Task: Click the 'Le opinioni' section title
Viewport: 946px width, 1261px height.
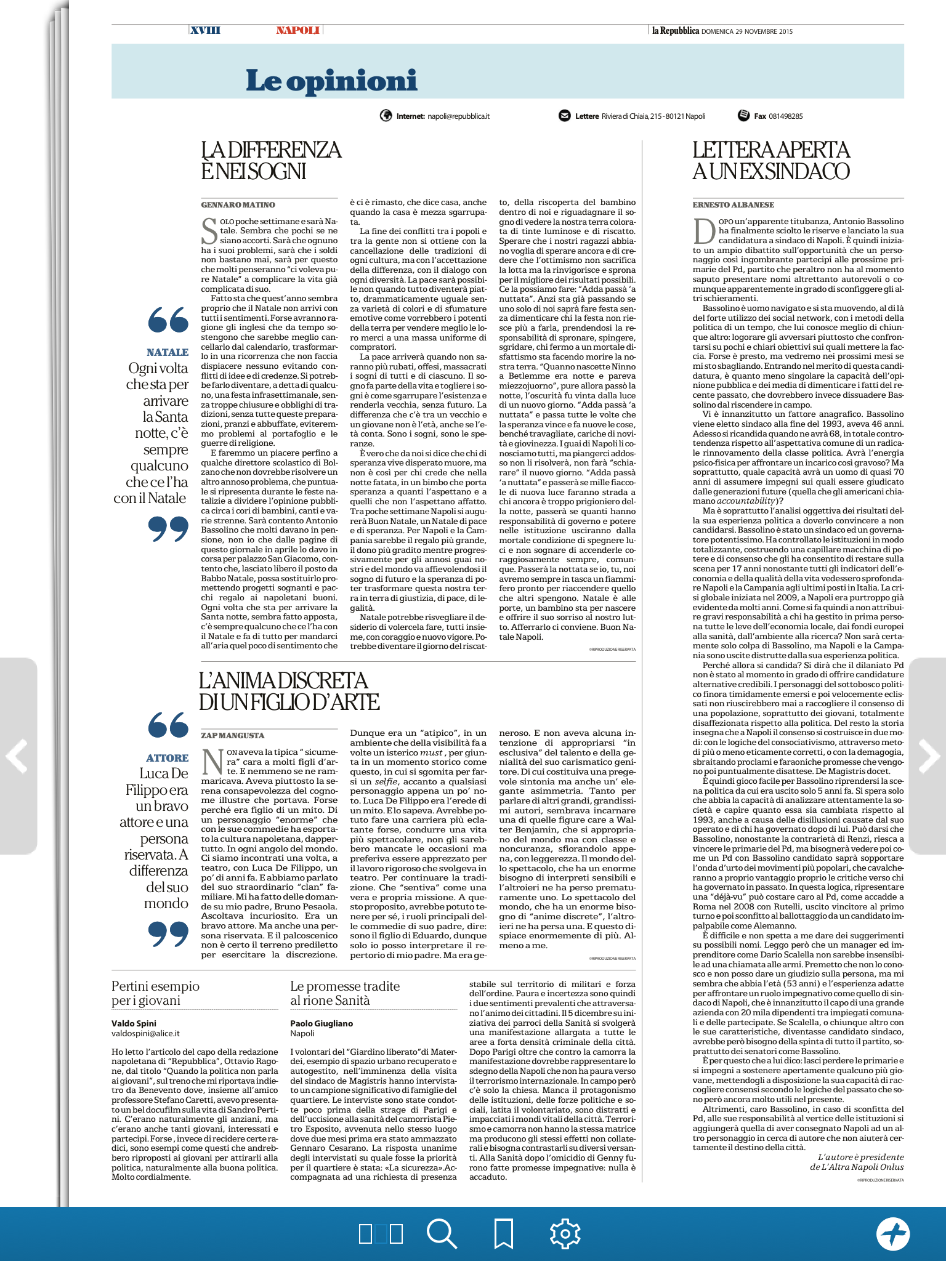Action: (331, 81)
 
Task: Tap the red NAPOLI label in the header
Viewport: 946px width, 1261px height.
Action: (297, 30)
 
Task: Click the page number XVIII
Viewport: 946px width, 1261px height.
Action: (205, 30)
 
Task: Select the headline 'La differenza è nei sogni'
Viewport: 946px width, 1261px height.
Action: (270, 160)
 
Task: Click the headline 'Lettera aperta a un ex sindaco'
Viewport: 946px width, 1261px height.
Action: (770, 160)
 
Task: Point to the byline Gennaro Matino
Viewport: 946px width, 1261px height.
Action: (238, 204)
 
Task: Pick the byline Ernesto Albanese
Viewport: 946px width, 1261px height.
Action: (733, 204)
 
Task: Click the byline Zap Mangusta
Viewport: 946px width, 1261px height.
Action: (232, 735)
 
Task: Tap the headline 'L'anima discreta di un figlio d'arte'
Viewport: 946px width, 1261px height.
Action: (288, 691)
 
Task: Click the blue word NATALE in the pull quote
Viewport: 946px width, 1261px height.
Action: (168, 352)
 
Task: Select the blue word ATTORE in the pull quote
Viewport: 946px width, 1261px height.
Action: (168, 758)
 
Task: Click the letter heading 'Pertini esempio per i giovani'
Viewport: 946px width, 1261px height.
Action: (155, 993)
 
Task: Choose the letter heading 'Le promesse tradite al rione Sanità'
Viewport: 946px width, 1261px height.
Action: (344, 993)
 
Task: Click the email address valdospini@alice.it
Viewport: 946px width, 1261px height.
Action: (145, 1033)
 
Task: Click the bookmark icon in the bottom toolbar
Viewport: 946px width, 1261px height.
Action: (504, 1233)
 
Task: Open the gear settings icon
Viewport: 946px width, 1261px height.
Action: (565, 1233)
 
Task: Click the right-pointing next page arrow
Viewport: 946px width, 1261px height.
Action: (928, 755)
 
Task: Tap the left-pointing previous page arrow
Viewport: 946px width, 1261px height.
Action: (17, 755)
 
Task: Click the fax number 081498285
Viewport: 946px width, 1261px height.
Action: (785, 116)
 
